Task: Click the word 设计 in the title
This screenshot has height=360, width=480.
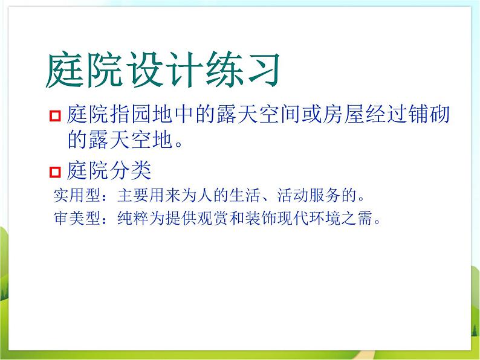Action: coord(164,69)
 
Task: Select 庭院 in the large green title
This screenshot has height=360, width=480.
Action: coord(85,69)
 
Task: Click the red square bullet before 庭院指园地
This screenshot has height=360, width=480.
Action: coord(55,116)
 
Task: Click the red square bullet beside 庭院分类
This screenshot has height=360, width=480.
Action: coord(55,172)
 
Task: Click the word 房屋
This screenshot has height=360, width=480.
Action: coord(343,114)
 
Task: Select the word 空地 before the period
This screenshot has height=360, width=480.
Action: coord(152,140)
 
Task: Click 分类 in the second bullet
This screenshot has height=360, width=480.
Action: coord(130,170)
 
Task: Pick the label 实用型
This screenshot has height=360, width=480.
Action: coord(77,195)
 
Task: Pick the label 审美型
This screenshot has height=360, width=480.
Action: coord(77,218)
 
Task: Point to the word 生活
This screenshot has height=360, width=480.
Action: coord(245,195)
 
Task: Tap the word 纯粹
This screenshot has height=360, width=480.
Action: coord(133,218)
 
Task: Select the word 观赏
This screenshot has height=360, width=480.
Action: coord(213,218)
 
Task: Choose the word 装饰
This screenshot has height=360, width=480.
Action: coord(261,218)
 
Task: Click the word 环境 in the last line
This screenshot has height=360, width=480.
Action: coord(325,218)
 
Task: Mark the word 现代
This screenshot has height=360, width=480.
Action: coord(293,218)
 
